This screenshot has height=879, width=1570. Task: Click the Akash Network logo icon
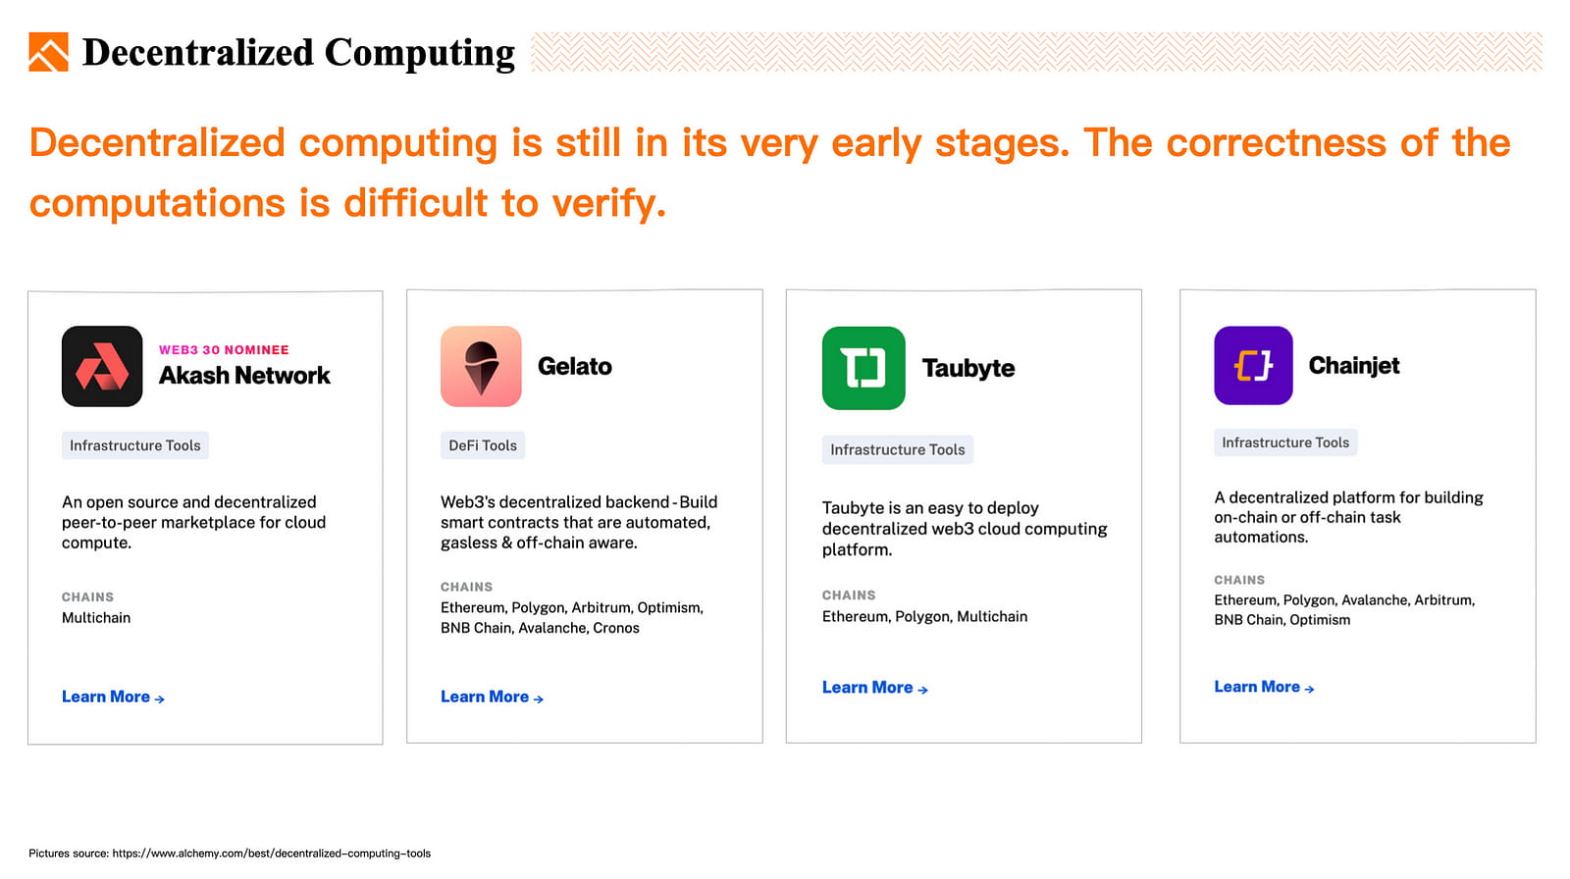(x=102, y=366)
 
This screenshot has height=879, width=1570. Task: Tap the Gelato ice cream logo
(x=481, y=366)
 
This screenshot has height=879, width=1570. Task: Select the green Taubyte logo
(x=863, y=368)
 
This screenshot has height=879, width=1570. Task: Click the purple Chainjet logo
(x=1253, y=365)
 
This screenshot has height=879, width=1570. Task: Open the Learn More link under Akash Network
(x=113, y=697)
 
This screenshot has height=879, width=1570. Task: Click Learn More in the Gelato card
(x=492, y=697)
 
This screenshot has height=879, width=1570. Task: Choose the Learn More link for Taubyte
(x=874, y=688)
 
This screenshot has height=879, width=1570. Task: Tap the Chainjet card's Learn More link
(x=1264, y=687)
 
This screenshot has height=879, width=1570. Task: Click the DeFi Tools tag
(x=482, y=445)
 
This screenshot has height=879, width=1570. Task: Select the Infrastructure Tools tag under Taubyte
(x=897, y=450)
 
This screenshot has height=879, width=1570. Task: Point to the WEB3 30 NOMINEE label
(x=224, y=350)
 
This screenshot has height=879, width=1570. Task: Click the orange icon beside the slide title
(x=48, y=52)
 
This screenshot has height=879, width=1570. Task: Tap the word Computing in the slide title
(x=419, y=53)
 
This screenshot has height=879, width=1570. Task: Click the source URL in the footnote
(x=271, y=853)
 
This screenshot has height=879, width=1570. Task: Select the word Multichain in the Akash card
(x=96, y=617)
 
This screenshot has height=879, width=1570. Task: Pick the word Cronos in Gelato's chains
(x=616, y=628)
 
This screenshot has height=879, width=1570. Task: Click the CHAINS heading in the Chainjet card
(x=1239, y=581)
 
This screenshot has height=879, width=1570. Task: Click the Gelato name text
(x=575, y=366)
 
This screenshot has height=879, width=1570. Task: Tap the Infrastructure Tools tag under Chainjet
(x=1285, y=443)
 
